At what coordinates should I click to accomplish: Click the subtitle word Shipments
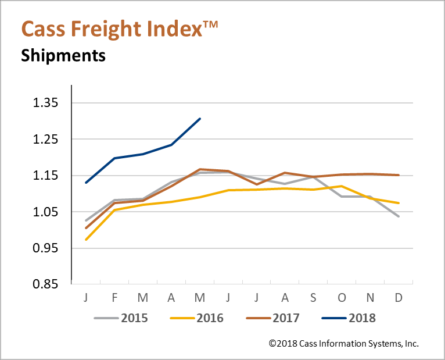(x=63, y=56)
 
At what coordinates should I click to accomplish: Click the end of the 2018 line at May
(x=200, y=119)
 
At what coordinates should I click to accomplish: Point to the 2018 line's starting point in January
(x=86, y=183)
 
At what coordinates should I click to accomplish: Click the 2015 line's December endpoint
(x=399, y=216)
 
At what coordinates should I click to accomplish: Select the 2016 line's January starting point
(x=86, y=240)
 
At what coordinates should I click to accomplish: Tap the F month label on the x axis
(x=114, y=298)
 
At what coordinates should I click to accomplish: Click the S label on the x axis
(x=313, y=298)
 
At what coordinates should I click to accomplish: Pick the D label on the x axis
(x=399, y=298)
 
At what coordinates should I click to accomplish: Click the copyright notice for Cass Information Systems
(x=344, y=344)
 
